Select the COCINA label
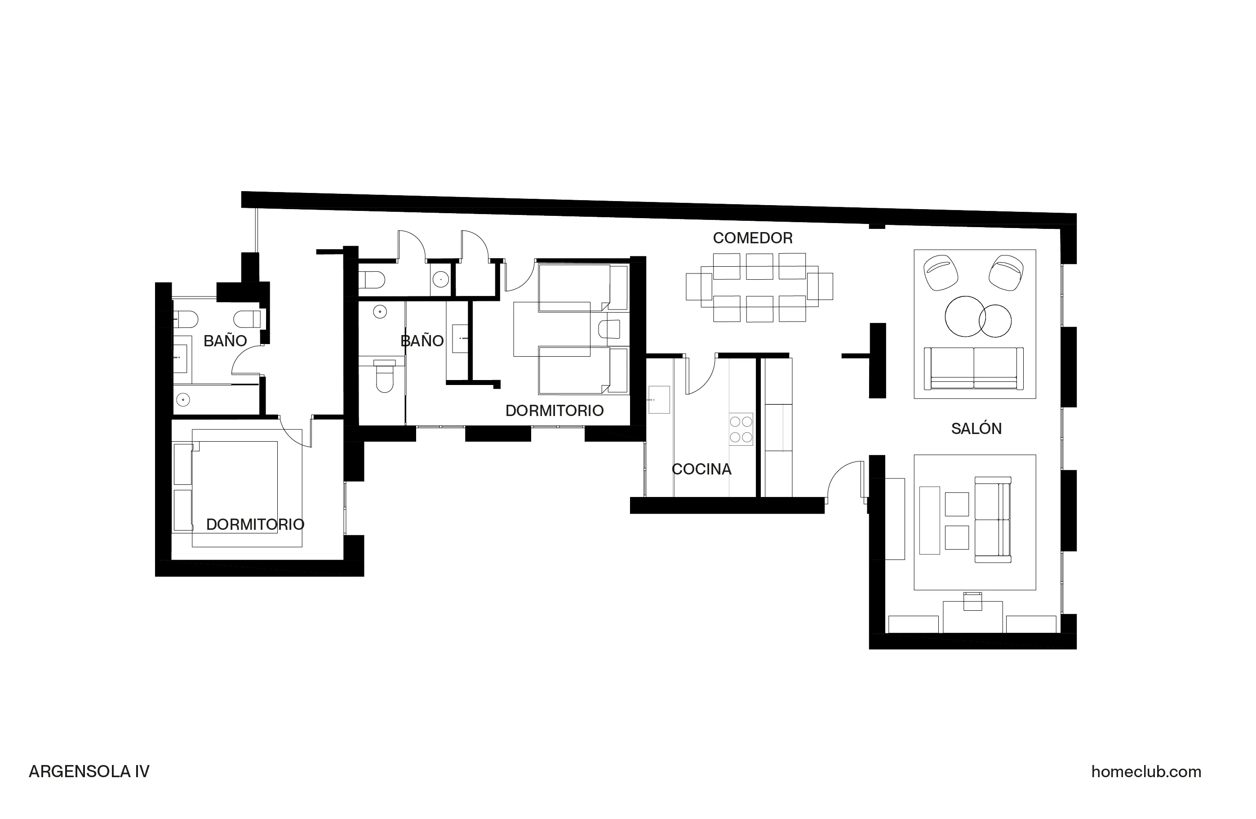[x=701, y=470]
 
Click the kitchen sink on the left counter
[x=659, y=400]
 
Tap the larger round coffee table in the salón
[x=965, y=316]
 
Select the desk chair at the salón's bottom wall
[x=972, y=601]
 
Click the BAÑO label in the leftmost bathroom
[x=225, y=341]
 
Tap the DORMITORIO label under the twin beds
[x=554, y=411]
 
